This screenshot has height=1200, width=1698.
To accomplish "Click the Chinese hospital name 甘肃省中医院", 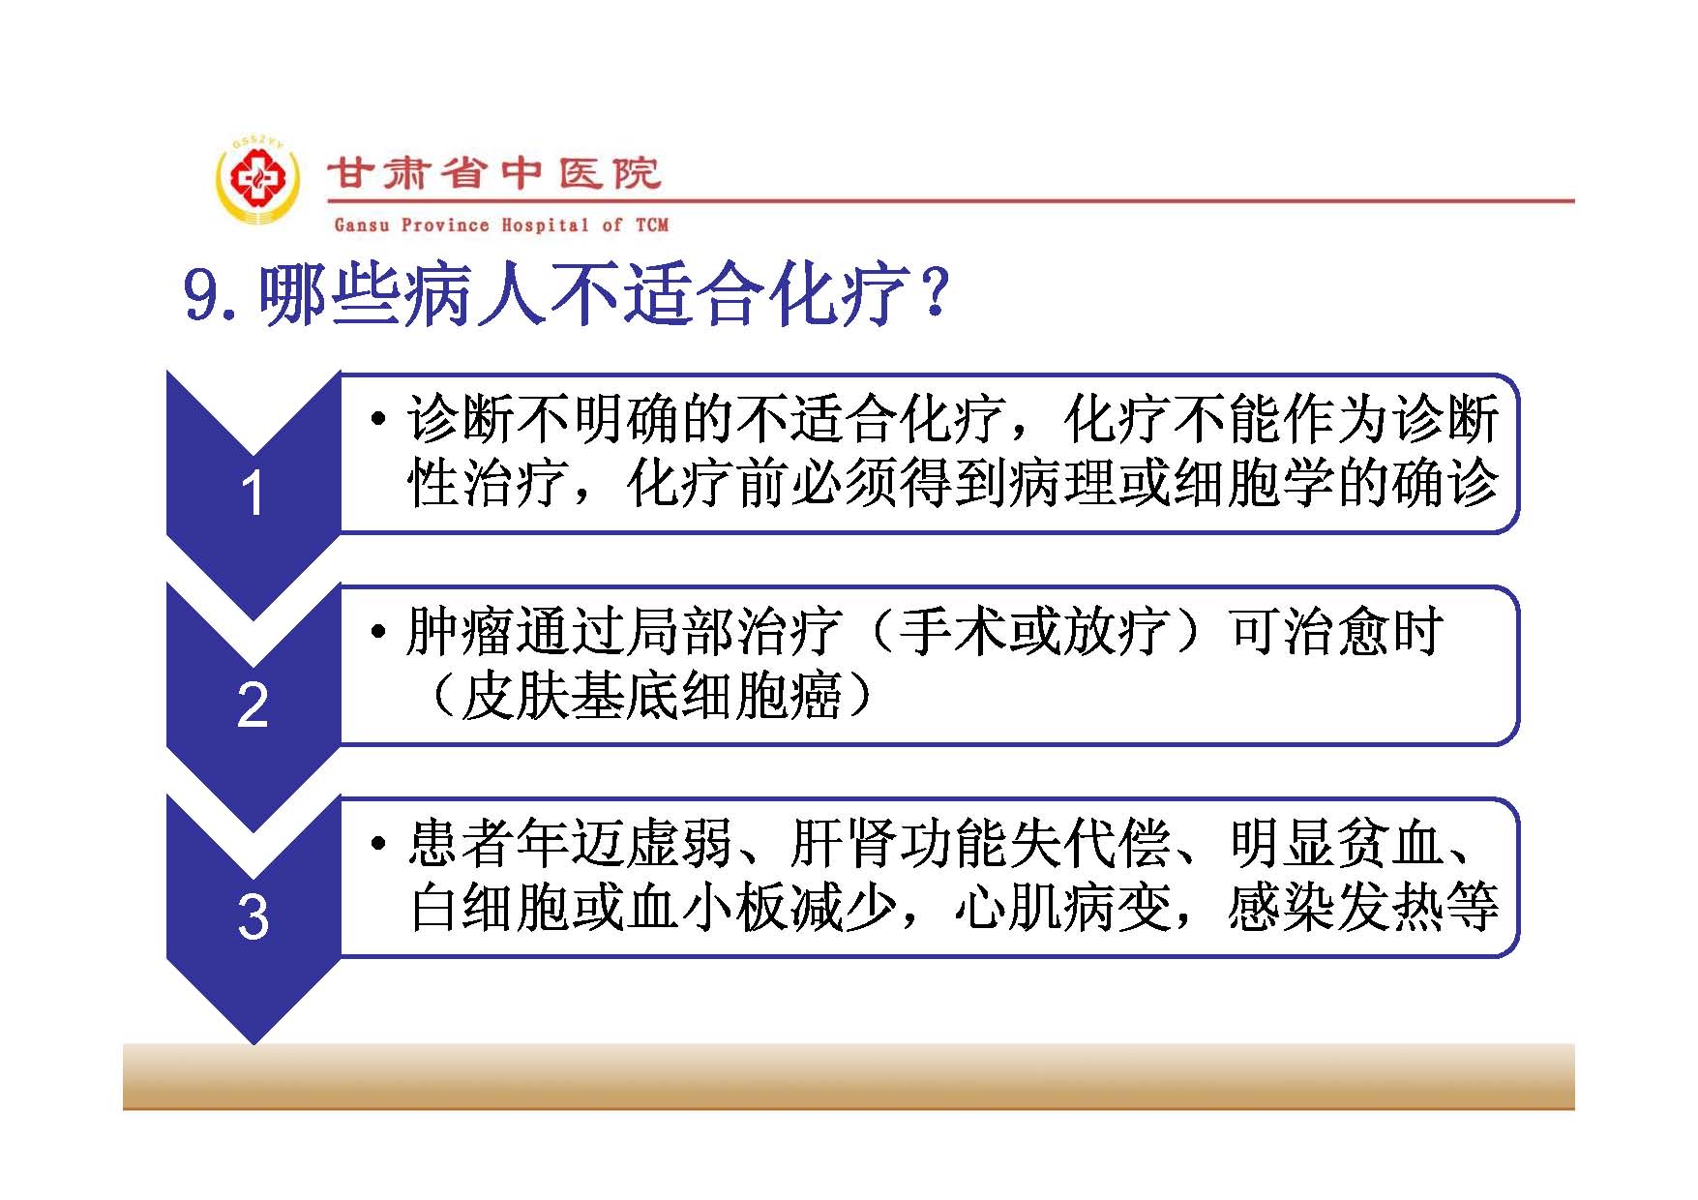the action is click(x=494, y=174).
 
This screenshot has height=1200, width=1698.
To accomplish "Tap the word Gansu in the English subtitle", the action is click(x=362, y=225).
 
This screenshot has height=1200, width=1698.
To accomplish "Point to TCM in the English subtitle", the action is click(x=652, y=225).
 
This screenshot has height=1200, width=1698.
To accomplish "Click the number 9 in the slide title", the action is click(x=202, y=295).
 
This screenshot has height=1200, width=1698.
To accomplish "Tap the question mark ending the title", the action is click(x=935, y=293).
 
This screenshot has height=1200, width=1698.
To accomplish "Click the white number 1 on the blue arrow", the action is click(x=253, y=494).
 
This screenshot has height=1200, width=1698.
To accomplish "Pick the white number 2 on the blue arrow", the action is click(x=253, y=705).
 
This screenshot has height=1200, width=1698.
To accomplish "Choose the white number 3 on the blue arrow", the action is click(x=253, y=917).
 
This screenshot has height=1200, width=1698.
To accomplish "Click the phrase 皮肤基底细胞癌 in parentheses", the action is click(x=652, y=696).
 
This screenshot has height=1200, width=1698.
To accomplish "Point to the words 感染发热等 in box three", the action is click(x=1363, y=908).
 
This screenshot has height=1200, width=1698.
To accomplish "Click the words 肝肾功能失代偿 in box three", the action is click(x=980, y=843).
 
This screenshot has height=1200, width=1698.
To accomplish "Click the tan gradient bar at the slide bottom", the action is click(x=849, y=1076).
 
